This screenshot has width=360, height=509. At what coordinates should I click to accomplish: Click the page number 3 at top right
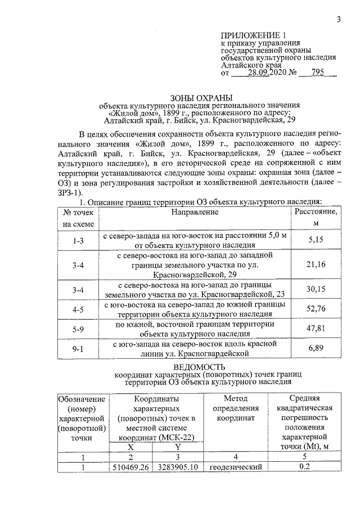coord(339,20)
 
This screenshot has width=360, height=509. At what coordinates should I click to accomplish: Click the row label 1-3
coord(78,240)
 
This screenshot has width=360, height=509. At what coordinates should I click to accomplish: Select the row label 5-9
coord(78,329)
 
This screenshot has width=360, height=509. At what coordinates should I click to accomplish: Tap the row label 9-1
coord(78,349)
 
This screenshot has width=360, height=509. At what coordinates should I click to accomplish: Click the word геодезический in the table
coord(236,467)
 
